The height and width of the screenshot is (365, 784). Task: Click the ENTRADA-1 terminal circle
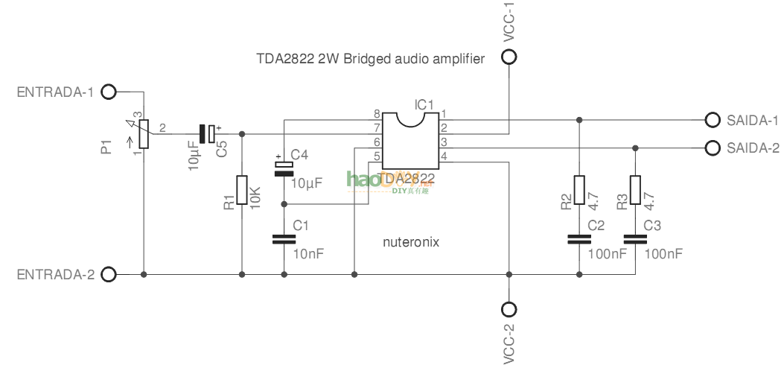(x=109, y=92)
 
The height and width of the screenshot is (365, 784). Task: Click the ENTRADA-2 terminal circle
(x=109, y=275)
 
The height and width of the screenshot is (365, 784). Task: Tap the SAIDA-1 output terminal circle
(x=712, y=120)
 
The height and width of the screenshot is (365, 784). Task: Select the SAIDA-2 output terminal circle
(x=712, y=147)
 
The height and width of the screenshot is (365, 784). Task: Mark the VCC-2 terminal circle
(x=509, y=309)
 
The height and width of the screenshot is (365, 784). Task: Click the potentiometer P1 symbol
(x=144, y=134)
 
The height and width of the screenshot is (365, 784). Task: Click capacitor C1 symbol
(x=284, y=239)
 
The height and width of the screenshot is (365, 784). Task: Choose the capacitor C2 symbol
(x=579, y=239)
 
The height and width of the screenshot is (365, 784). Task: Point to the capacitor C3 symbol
(x=635, y=239)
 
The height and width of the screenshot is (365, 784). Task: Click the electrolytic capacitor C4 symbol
(x=284, y=168)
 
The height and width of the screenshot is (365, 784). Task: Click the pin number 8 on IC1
(x=377, y=114)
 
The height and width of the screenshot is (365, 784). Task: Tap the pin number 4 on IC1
(x=444, y=156)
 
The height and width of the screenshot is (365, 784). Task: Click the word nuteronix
(x=411, y=242)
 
